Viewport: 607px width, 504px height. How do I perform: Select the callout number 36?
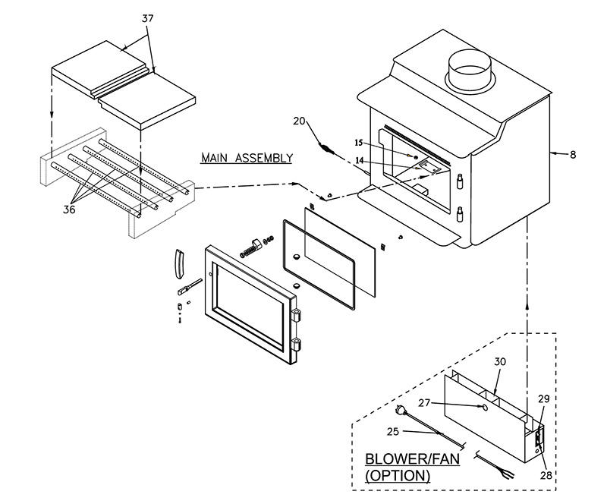pos(70,209)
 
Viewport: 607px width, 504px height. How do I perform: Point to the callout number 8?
pos(572,154)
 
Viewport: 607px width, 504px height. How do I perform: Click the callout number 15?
pos(359,142)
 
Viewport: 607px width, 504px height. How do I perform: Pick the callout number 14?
pos(360,160)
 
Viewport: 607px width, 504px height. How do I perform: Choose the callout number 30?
pos(500,363)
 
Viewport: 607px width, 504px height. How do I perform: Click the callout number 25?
pos(394,432)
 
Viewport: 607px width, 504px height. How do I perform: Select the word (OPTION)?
pos(398,477)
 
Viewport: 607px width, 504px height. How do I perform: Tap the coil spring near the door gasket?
pos(249,248)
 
